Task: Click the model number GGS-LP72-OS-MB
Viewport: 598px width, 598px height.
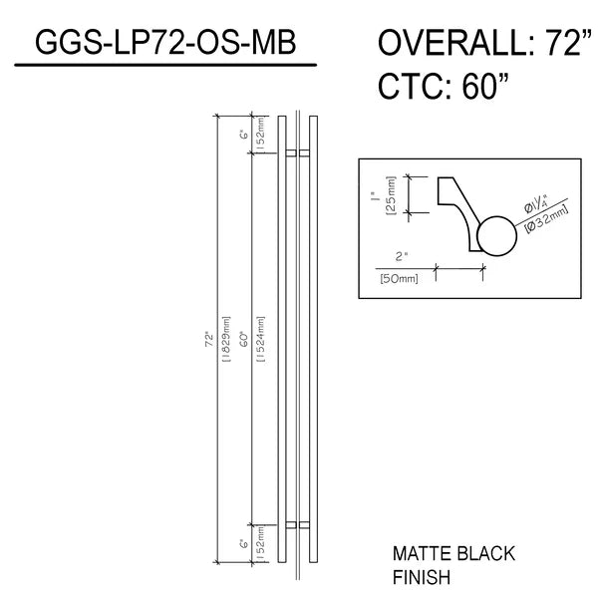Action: coord(165,42)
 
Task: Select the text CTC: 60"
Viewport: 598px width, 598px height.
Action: coord(444,86)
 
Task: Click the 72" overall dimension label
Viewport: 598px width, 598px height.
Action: coord(209,340)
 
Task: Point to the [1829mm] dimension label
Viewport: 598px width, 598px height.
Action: coord(226,339)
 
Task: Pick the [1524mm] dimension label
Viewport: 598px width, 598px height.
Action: coord(261,339)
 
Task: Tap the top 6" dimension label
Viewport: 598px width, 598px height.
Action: coord(244,135)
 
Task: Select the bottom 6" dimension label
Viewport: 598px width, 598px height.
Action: coord(244,544)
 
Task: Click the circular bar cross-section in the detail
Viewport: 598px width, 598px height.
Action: coord(496,236)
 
